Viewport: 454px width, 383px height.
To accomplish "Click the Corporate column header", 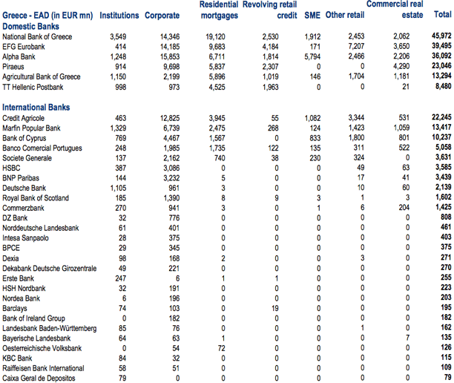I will [162, 16].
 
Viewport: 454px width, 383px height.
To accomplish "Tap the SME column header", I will [312, 16].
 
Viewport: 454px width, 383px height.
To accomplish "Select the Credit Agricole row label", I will [24, 118].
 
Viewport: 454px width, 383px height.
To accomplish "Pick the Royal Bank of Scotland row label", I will [38, 199].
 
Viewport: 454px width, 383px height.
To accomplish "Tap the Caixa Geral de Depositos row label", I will [39, 379].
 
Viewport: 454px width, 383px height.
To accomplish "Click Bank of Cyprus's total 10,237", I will [440, 138].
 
